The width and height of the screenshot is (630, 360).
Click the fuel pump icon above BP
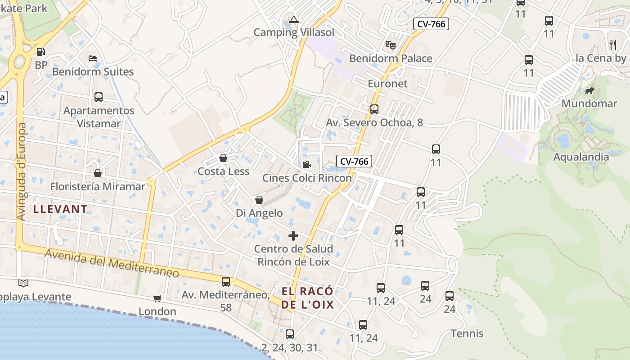click(x=40, y=52)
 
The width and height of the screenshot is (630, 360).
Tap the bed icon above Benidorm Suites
click(x=93, y=58)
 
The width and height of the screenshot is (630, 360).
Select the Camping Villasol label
click(x=294, y=32)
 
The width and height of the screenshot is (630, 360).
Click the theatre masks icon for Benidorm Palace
click(x=390, y=45)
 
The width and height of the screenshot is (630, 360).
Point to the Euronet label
click(x=387, y=84)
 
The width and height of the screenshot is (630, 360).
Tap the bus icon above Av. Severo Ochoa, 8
click(x=374, y=109)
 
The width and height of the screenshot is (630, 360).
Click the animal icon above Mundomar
click(x=589, y=91)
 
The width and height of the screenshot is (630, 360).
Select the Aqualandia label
click(x=580, y=157)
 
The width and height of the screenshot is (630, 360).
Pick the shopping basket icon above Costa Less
click(x=223, y=158)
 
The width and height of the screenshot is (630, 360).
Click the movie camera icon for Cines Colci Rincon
click(x=306, y=165)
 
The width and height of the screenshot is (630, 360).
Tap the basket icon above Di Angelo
click(x=259, y=200)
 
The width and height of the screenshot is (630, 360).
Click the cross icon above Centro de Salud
click(x=293, y=236)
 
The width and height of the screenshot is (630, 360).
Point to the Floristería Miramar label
click(x=98, y=186)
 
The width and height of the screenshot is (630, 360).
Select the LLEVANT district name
click(x=60, y=209)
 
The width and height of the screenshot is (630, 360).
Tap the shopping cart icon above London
click(x=157, y=298)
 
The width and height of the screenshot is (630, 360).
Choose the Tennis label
click(x=467, y=333)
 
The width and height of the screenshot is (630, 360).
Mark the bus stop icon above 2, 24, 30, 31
click(x=290, y=334)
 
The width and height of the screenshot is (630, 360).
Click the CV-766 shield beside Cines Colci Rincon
click(x=354, y=161)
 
